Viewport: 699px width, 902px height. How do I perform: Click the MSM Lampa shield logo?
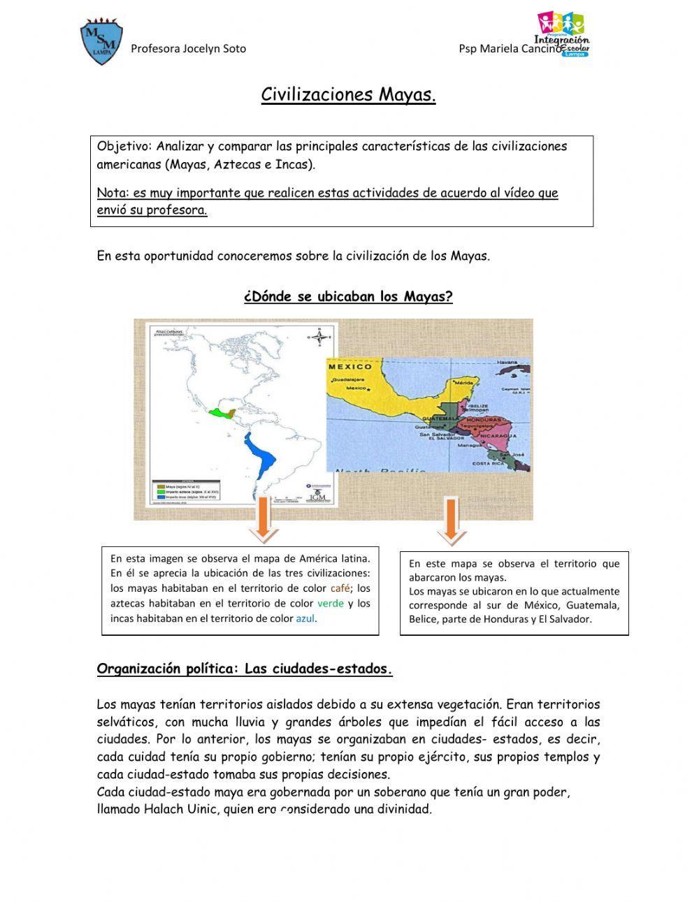pos(101,42)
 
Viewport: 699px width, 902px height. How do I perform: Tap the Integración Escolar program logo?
pos(563,34)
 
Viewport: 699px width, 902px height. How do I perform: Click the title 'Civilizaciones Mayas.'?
pos(348,94)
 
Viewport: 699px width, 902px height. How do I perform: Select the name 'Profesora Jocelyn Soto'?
pos(189,49)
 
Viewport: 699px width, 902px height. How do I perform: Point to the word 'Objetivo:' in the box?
pos(124,147)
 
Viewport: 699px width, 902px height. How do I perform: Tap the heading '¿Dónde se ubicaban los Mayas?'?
pos(348,296)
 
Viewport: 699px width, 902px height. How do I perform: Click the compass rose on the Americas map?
pos(319,339)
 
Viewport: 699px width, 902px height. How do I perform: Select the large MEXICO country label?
pos(350,366)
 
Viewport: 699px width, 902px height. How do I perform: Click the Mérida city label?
pos(464,383)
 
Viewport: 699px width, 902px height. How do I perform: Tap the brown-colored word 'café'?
pos(340,588)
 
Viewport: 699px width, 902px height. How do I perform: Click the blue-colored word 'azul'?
pos(305,618)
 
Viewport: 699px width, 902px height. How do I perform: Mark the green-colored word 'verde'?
pos(330,603)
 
